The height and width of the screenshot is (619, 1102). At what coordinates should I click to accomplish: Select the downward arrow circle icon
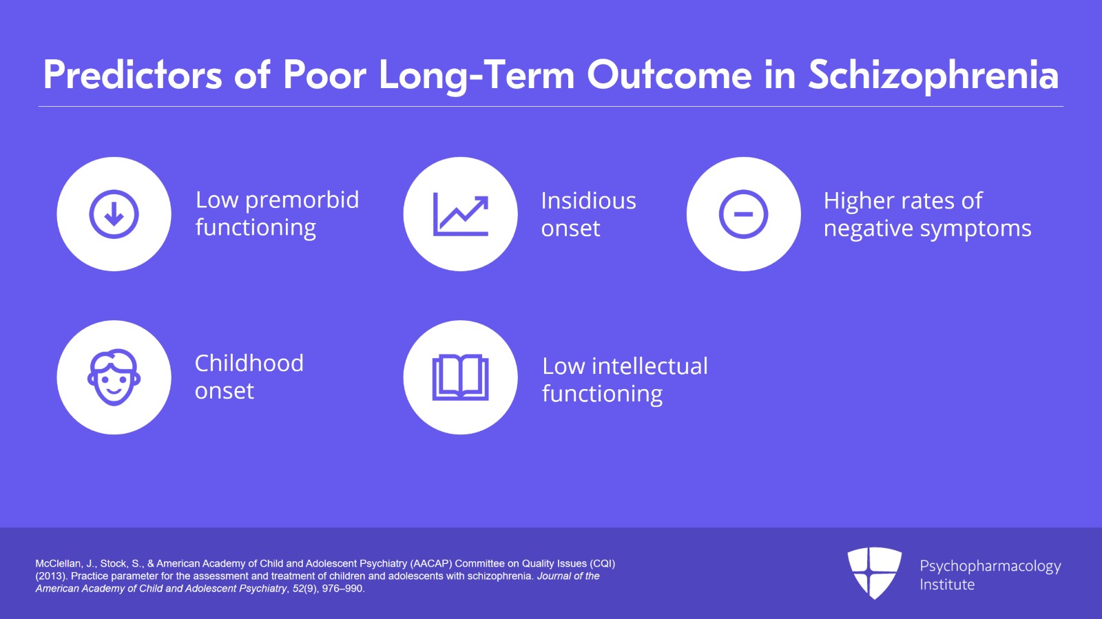point(114,214)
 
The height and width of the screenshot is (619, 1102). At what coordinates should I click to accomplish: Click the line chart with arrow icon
point(461,214)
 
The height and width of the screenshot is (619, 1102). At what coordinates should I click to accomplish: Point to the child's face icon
point(114,377)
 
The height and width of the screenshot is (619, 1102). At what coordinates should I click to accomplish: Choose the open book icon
point(461,377)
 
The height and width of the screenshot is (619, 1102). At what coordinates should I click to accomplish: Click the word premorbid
point(302,201)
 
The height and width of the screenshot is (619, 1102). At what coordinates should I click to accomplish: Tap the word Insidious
point(588,200)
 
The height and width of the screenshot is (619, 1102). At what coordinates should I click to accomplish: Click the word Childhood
point(249,364)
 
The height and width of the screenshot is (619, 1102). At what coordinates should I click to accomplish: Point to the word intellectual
point(650,366)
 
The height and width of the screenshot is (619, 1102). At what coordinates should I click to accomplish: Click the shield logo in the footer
point(874,573)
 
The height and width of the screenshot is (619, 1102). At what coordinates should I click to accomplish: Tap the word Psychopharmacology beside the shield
point(990,567)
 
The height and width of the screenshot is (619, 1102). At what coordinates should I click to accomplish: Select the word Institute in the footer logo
point(947,585)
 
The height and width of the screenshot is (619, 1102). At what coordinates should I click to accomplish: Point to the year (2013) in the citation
point(52,576)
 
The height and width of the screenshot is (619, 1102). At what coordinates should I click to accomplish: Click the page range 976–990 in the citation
point(343,589)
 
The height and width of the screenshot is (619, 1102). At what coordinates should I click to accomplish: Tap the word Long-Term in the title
point(477,76)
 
